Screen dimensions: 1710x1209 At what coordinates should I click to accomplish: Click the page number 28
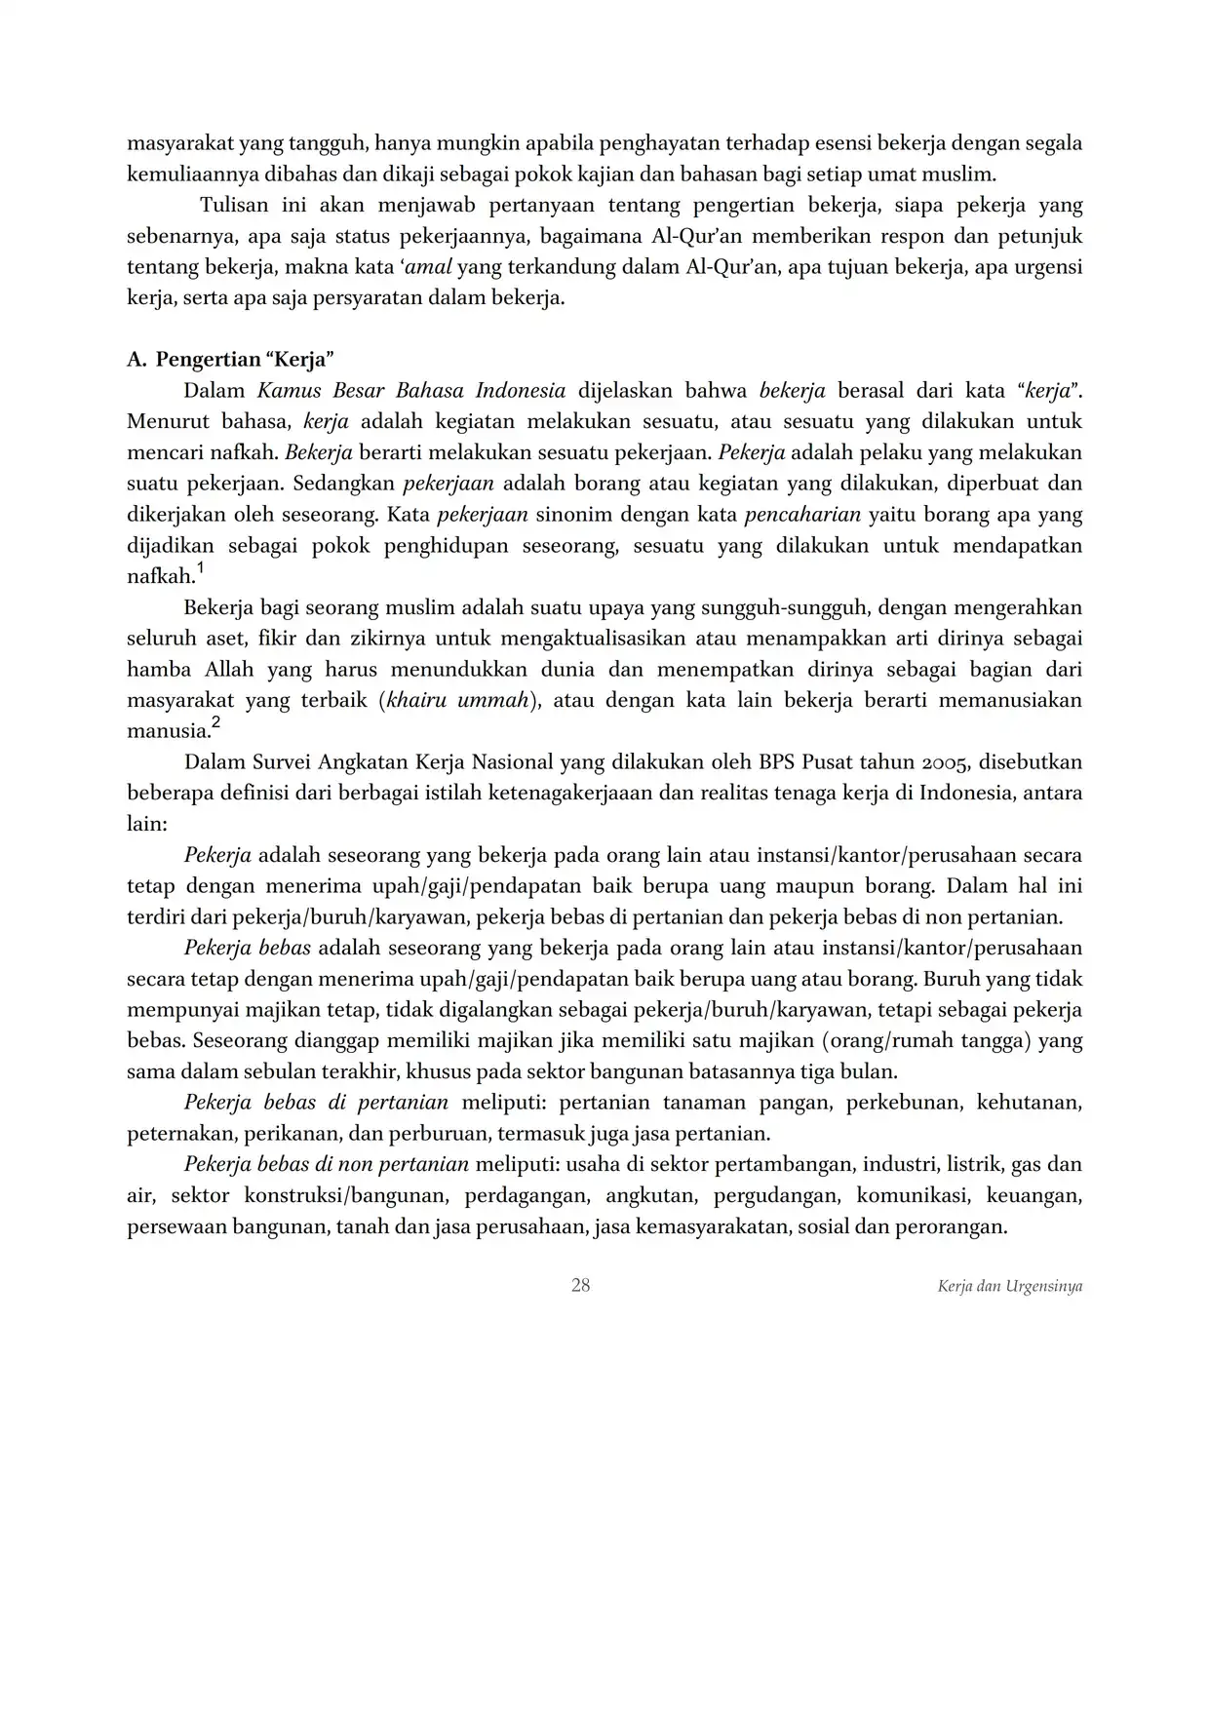[x=580, y=1285]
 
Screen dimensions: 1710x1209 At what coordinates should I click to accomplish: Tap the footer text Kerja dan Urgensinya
[x=1009, y=1286]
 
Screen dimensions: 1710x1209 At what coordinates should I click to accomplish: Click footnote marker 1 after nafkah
[x=200, y=567]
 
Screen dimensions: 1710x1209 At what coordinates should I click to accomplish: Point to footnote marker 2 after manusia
[x=215, y=722]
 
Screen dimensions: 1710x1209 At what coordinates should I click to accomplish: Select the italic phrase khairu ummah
[x=458, y=701]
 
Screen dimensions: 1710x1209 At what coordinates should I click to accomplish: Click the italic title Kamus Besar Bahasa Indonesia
[x=411, y=391]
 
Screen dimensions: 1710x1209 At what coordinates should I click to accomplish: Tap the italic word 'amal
[x=429, y=267]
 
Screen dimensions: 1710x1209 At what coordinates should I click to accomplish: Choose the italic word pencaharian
[x=802, y=515]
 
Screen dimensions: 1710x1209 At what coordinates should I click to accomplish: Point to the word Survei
[x=279, y=762]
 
